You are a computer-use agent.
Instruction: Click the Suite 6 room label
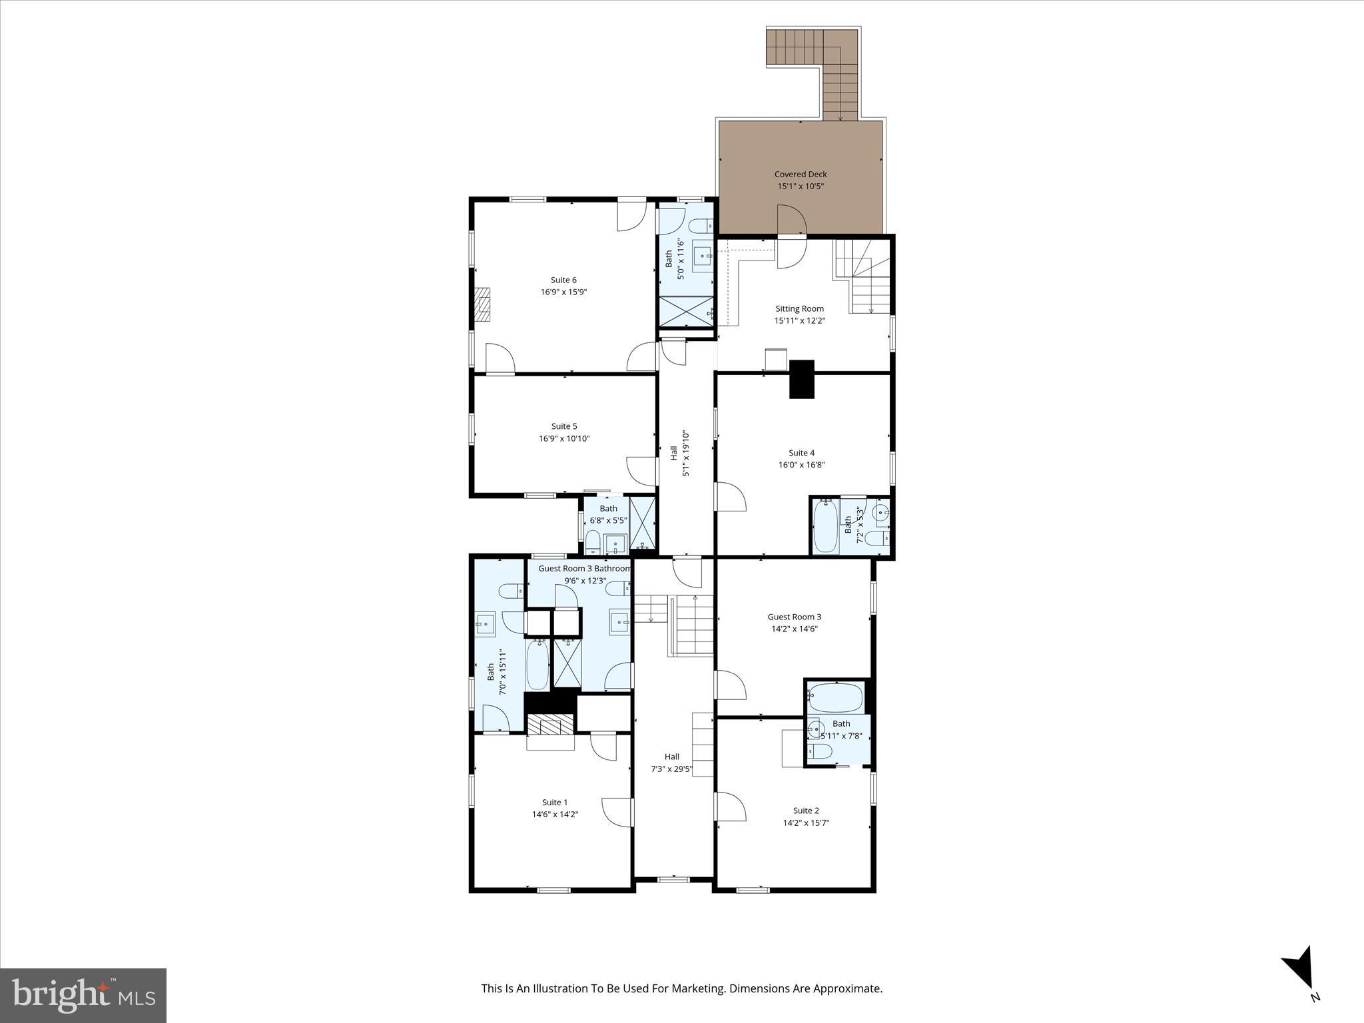[563, 280]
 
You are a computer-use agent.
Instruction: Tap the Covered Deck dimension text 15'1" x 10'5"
[801, 186]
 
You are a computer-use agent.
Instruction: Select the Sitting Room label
[799, 308]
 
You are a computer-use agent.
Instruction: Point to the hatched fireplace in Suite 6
[482, 305]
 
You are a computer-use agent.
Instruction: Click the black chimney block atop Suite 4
[801, 379]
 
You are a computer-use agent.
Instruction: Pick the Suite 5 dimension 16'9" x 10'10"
[564, 438]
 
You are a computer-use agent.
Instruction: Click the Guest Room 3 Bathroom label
[584, 568]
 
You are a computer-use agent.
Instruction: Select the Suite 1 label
[555, 802]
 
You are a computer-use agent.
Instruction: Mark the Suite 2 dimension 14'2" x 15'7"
[806, 823]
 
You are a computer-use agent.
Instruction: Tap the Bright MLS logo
[83, 995]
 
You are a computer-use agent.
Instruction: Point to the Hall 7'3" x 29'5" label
[671, 763]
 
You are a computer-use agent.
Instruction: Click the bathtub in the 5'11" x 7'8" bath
[835, 697]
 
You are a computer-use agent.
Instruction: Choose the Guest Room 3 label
[794, 617]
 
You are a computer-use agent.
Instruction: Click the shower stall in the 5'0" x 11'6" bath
[686, 312]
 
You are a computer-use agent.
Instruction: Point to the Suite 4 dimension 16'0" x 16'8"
[801, 465]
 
